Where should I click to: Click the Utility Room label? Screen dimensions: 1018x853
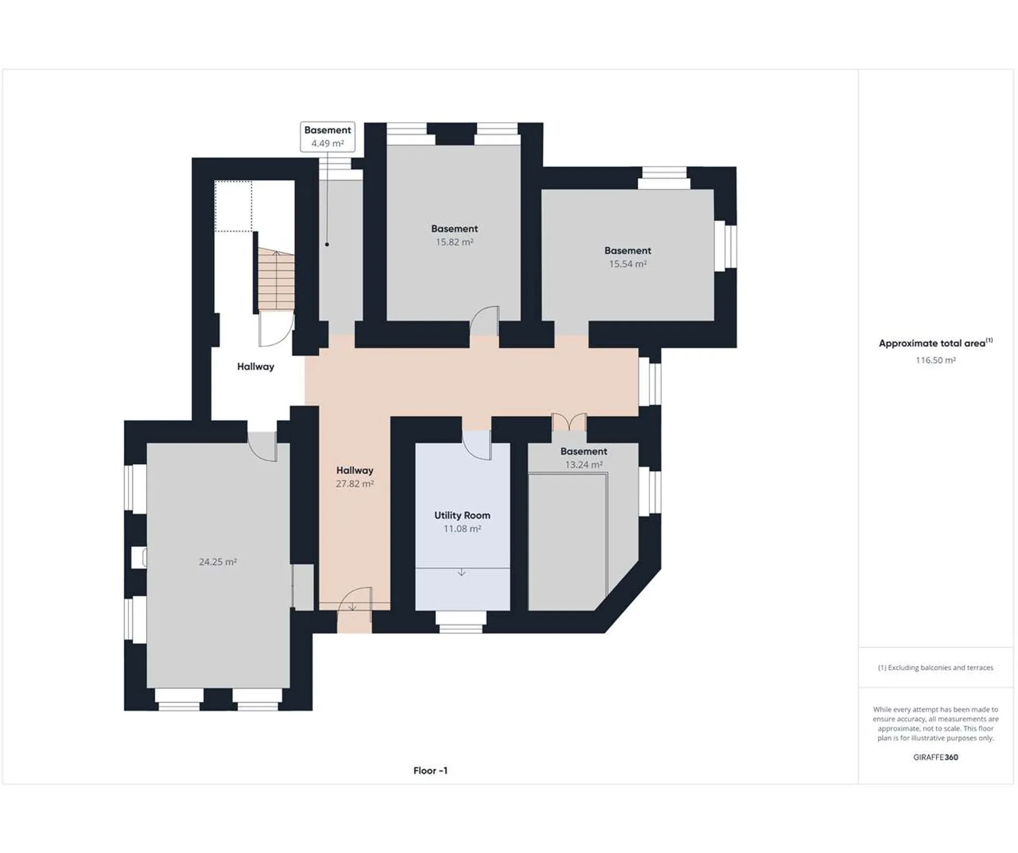[462, 515]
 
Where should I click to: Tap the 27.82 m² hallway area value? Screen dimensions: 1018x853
[355, 483]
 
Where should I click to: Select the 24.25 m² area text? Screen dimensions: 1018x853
[217, 561]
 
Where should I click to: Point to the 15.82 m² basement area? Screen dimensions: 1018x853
[454, 242]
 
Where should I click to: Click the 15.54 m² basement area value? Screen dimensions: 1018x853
[627, 263]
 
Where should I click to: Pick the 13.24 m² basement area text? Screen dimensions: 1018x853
[583, 464]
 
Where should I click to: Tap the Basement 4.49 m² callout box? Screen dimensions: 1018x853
[328, 137]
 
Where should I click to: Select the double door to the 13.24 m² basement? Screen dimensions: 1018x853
[569, 422]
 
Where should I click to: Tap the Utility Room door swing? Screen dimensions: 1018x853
[477, 444]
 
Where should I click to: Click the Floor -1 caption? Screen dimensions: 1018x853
[431, 770]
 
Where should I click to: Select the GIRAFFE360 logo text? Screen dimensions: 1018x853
[935, 757]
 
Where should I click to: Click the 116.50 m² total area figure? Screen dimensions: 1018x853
[935, 360]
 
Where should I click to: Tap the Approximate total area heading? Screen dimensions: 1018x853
[935, 343]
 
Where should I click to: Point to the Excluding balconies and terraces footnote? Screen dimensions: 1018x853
[935, 667]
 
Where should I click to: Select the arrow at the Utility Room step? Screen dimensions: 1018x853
[462, 572]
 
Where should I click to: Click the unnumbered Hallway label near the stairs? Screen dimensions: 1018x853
[256, 366]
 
